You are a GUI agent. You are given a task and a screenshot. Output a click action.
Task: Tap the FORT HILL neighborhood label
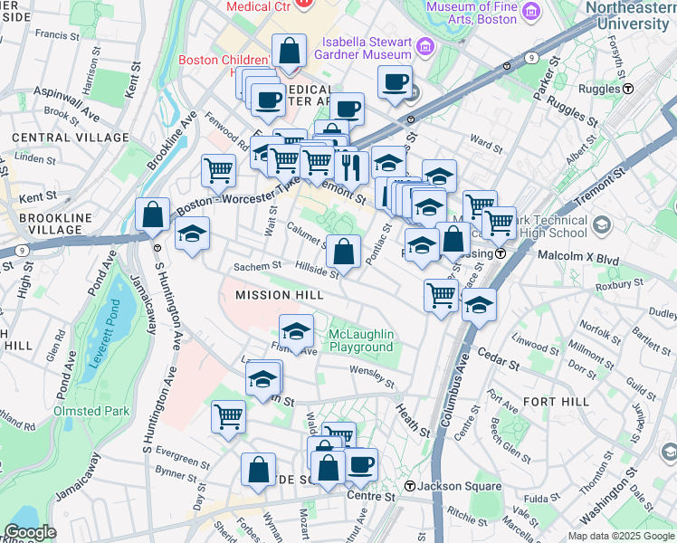[556, 402]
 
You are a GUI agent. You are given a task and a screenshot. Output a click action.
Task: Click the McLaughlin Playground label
[361, 340]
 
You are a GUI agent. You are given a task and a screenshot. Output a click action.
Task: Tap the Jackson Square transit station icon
[410, 487]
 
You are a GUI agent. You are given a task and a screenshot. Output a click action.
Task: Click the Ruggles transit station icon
[627, 89]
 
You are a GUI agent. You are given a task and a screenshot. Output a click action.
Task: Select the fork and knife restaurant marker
[348, 166]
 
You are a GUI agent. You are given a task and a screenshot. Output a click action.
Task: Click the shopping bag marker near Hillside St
[343, 251]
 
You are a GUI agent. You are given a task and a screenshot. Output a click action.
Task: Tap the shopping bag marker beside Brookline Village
[153, 215]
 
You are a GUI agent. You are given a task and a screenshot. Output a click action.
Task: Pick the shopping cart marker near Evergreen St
[227, 418]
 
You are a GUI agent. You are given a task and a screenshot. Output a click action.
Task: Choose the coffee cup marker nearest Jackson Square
[361, 465]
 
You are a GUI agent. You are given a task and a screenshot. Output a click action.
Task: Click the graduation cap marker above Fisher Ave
[296, 329]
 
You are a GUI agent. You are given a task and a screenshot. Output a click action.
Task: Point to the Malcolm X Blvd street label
[586, 260]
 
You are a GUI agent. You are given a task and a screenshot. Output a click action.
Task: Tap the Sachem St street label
[253, 267]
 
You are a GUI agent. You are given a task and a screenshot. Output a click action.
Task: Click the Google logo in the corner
[29, 532]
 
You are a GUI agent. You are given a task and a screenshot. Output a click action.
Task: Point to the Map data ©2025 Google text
[621, 536]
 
